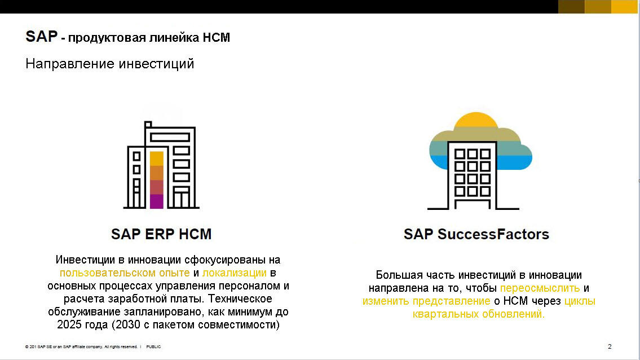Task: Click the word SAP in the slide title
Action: (x=41, y=37)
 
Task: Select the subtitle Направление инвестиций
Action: (x=110, y=63)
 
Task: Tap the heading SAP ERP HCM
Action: (x=161, y=234)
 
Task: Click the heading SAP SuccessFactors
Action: (x=476, y=234)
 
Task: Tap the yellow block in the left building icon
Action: (x=157, y=159)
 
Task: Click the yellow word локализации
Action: (x=234, y=273)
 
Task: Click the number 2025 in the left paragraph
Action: (x=69, y=325)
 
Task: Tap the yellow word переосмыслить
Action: (x=540, y=288)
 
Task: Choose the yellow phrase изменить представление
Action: (x=426, y=301)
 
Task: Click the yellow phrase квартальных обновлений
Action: (x=479, y=314)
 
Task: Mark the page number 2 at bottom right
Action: (x=610, y=346)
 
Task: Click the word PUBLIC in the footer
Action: (x=153, y=347)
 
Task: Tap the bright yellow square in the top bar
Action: (x=624, y=7)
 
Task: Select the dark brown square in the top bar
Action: (x=571, y=7)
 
